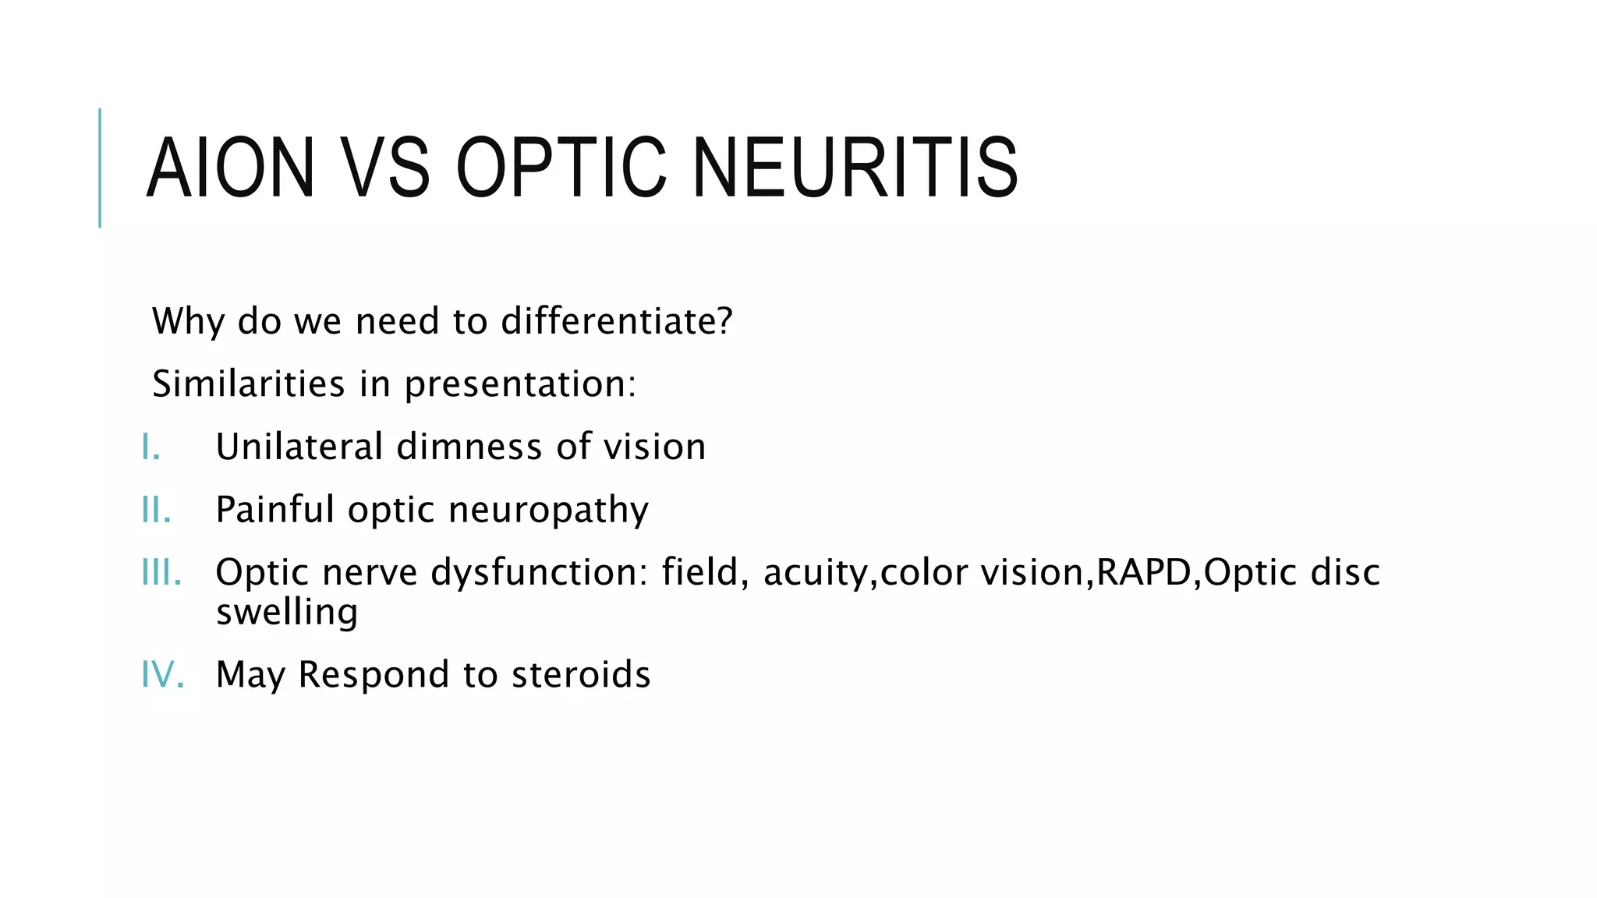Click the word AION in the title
[x=230, y=168]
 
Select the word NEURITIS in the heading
[x=855, y=168]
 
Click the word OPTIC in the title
[x=561, y=168]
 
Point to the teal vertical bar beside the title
[x=100, y=168]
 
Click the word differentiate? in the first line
[x=617, y=321]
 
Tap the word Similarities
[x=248, y=384]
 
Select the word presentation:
[x=520, y=384]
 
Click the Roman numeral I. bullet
[x=151, y=447]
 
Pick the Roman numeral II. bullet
[x=156, y=510]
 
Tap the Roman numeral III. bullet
[x=161, y=573]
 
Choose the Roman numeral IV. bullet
[x=162, y=674]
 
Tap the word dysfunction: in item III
[x=539, y=573]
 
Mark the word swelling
[x=287, y=613]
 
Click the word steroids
[x=580, y=674]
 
